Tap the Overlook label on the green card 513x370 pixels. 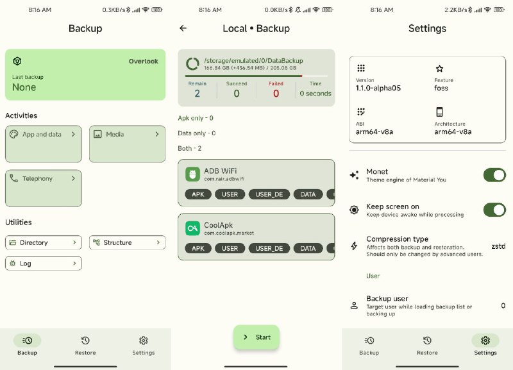point(143,61)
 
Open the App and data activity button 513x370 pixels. point(44,144)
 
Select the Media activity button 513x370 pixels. point(127,144)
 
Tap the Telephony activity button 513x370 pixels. point(44,188)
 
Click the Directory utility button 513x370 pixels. point(44,242)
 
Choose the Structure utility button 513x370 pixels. point(127,242)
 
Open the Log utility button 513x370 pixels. point(44,264)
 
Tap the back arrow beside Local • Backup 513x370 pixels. point(183,28)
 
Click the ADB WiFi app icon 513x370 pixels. point(193,174)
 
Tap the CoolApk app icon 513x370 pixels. point(193,228)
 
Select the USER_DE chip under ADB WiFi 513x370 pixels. point(269,194)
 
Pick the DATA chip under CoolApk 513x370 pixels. point(308,248)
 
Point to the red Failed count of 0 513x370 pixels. point(276,94)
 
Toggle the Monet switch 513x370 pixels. point(494,175)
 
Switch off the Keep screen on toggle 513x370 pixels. point(494,210)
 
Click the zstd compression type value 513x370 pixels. point(498,246)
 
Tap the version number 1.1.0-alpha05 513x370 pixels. point(378,88)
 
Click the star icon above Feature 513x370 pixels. point(439,69)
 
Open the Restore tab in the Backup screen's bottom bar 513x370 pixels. point(85,345)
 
